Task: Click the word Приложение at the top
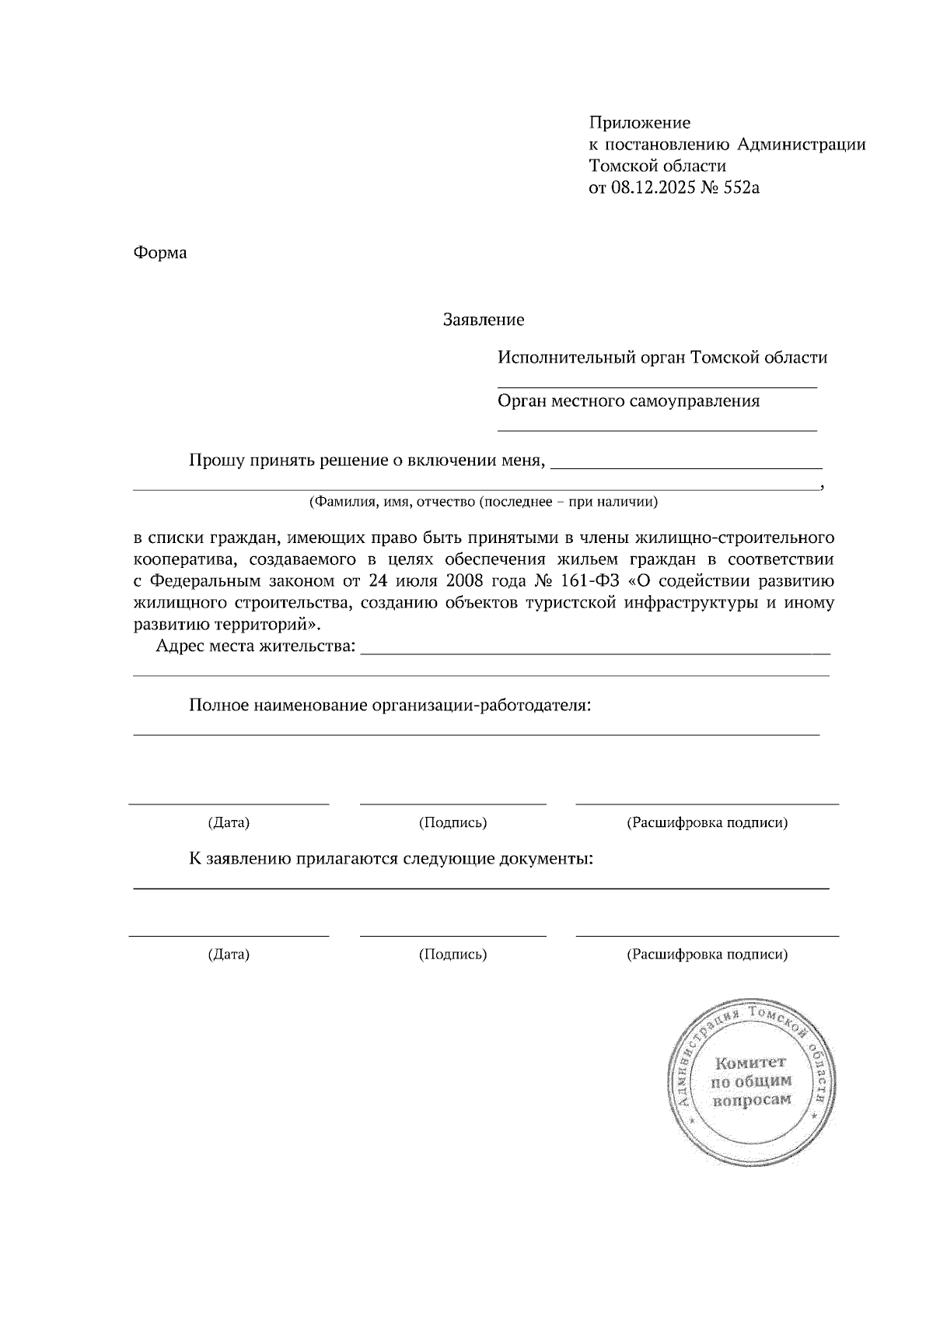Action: coord(639,122)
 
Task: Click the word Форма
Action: coord(160,253)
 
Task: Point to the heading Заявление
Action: coord(483,320)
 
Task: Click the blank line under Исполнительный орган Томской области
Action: coord(657,386)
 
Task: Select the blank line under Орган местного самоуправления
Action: coord(657,429)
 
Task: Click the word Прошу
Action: coord(216,461)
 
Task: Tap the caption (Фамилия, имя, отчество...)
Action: coord(483,502)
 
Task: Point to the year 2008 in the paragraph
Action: coord(465,581)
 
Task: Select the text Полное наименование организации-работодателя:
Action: coord(390,706)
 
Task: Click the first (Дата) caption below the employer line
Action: coord(229,822)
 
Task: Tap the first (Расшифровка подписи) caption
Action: coord(707,822)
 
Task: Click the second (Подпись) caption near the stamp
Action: coord(453,954)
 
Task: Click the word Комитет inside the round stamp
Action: coord(750,1063)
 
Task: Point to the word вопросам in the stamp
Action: coord(751,1100)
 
